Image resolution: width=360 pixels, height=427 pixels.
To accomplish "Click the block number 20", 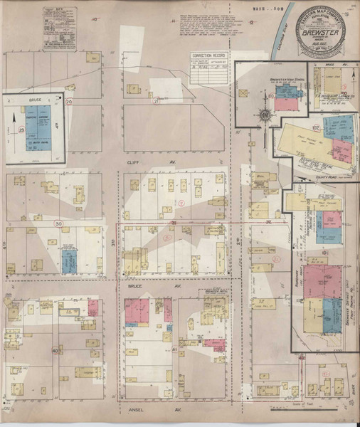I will (69, 102).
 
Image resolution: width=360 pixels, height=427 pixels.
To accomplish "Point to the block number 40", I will (55, 351).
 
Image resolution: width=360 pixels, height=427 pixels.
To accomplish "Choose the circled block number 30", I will (58, 223).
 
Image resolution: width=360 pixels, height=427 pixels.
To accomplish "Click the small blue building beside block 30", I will (68, 260).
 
